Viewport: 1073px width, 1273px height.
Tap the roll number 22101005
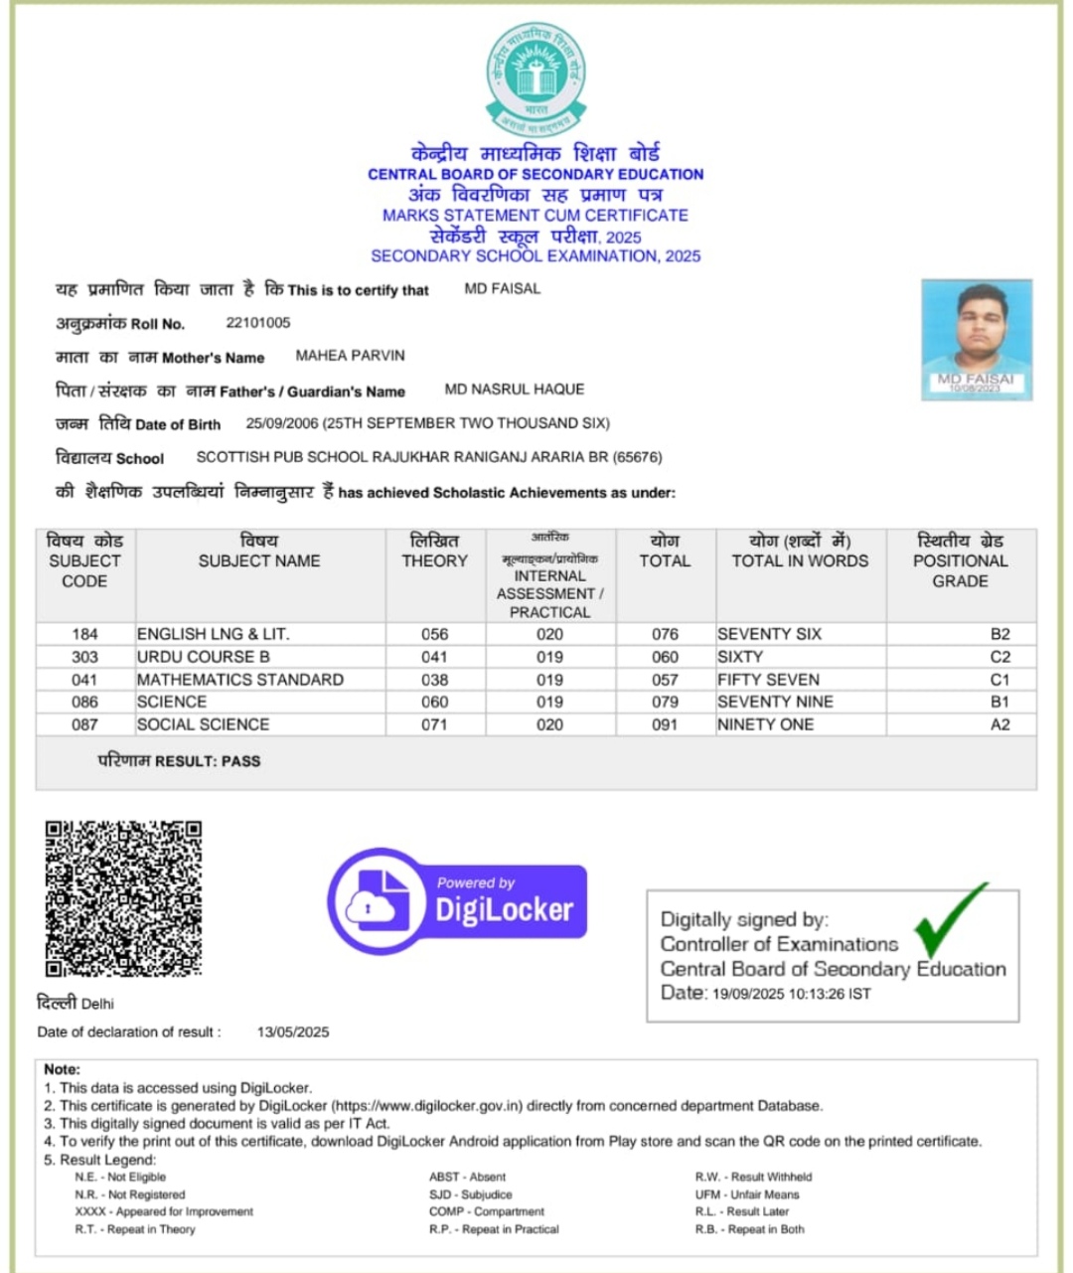258,322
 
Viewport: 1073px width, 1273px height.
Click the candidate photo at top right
977,340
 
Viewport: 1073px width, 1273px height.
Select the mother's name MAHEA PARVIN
350,355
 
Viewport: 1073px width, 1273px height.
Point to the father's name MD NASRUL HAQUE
514,389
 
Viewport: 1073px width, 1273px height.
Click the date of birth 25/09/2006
282,422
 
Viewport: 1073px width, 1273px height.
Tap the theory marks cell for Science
434,702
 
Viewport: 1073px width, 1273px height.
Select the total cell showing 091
665,724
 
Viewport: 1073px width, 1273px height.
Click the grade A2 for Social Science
999,724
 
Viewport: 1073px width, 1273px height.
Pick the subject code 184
84,634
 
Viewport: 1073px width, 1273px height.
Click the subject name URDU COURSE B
204,657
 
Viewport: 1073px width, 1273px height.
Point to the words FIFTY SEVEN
768,680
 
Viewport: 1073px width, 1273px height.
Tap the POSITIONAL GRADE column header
960,560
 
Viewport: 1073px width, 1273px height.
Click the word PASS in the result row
240,761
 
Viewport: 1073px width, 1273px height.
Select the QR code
123,897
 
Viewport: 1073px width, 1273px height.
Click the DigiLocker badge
458,900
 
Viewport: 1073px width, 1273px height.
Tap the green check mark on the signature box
949,919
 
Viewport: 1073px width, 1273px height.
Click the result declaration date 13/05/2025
293,1032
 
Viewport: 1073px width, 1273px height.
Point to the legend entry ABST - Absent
467,1177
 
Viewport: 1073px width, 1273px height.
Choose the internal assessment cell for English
549,634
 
